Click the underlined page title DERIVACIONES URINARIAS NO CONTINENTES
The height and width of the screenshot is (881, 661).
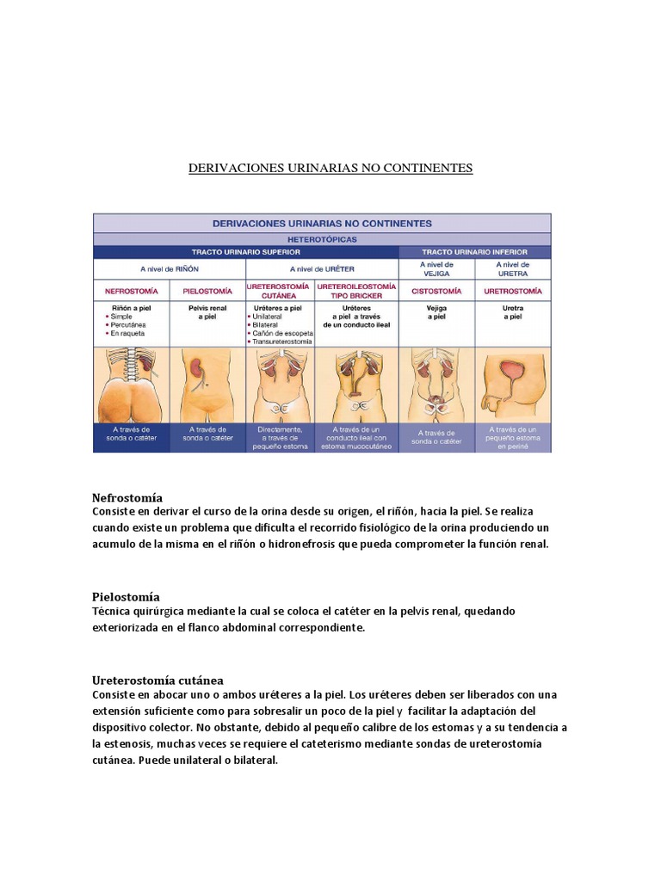tap(330, 168)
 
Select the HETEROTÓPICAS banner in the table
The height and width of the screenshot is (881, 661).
tap(323, 238)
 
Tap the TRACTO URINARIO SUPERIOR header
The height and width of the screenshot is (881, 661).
tap(246, 251)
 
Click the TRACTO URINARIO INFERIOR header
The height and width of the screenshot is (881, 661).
tap(474, 251)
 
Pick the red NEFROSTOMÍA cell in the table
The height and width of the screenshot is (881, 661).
tap(131, 291)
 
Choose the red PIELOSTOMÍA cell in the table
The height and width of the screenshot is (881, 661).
tap(207, 291)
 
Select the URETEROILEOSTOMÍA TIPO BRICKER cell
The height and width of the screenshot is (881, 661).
tap(356, 291)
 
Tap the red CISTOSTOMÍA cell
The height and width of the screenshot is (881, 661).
tap(437, 291)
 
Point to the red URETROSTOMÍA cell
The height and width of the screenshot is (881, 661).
tap(513, 291)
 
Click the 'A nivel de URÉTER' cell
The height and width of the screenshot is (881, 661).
tap(323, 268)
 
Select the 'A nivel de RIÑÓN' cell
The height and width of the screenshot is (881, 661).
tap(170, 268)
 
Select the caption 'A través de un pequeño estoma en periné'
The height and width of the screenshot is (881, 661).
tap(513, 438)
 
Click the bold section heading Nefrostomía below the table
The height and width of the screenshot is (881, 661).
tap(127, 498)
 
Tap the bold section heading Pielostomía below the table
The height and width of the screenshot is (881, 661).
tap(126, 596)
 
